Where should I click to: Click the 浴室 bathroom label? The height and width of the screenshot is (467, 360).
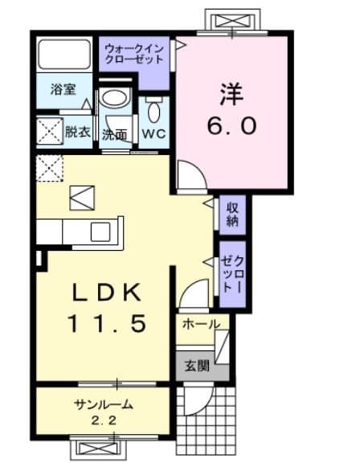click(x=63, y=89)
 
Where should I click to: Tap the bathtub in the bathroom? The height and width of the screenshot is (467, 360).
click(x=64, y=54)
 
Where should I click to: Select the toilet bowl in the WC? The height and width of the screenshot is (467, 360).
click(x=153, y=110)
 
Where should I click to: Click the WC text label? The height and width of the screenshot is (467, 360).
click(x=153, y=133)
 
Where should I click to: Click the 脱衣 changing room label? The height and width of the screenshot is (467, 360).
click(x=78, y=132)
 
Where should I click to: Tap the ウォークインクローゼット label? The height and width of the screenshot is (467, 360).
click(x=134, y=54)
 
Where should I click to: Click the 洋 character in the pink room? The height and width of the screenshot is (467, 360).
click(x=231, y=93)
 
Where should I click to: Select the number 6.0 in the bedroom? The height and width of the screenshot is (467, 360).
click(x=231, y=125)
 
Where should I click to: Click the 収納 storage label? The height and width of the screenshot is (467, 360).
click(x=232, y=214)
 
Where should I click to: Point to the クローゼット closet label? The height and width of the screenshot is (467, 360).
click(x=233, y=274)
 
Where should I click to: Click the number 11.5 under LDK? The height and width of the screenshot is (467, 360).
click(x=108, y=323)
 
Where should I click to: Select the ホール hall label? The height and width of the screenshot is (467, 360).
click(x=201, y=324)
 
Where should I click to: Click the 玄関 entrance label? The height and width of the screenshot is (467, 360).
click(x=197, y=366)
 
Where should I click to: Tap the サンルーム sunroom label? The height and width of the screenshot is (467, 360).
click(x=103, y=405)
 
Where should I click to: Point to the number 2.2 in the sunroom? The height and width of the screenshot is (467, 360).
click(x=104, y=421)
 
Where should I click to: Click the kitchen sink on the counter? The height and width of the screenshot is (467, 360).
click(x=100, y=232)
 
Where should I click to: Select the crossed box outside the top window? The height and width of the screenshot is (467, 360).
click(x=232, y=22)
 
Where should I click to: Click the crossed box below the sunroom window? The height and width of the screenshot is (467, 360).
click(x=98, y=449)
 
